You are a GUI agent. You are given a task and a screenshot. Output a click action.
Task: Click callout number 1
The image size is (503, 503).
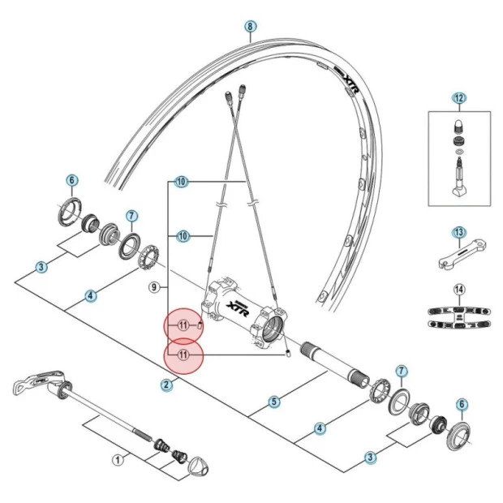[x=117, y=460]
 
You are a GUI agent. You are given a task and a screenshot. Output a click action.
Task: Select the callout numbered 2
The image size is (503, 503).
[x=166, y=385]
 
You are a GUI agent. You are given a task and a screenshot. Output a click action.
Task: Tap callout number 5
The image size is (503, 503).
[x=274, y=401]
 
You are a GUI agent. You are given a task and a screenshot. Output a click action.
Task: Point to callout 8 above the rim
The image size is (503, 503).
[x=250, y=26]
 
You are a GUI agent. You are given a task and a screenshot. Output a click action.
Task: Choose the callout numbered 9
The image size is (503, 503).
[x=154, y=286]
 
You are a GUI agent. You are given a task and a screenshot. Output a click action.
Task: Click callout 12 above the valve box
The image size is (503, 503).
[x=459, y=99]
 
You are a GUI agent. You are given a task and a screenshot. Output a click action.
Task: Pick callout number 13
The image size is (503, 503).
[x=459, y=233]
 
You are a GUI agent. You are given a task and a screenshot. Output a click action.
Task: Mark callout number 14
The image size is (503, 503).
[x=459, y=289]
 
